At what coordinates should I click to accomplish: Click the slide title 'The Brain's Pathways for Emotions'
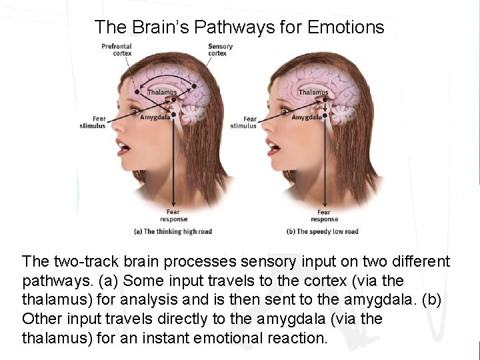239,27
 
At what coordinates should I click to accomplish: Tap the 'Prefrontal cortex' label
117,49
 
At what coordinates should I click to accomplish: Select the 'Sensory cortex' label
220,49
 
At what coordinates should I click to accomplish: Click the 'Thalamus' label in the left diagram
162,92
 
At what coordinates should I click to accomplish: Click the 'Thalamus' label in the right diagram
313,92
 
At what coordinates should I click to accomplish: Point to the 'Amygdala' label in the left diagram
155,117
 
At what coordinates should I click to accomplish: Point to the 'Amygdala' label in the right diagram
307,117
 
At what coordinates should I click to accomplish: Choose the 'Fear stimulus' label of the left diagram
93,122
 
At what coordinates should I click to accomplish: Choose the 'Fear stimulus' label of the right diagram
244,122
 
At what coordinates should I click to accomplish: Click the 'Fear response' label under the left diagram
174,215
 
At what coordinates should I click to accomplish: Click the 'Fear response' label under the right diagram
325,215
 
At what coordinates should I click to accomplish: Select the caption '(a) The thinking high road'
173,231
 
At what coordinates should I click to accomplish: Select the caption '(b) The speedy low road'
323,231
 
